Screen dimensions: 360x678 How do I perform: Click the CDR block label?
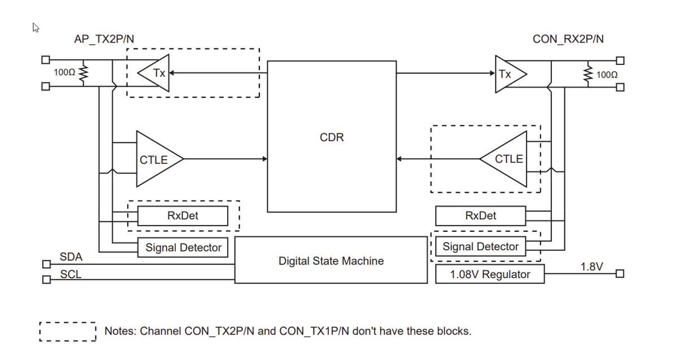click(332, 137)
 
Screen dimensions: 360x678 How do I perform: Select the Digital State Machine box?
click(331, 261)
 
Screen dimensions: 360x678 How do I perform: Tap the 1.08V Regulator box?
click(490, 275)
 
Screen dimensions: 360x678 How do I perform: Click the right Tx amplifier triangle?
click(508, 74)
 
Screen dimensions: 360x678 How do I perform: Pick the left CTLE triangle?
click(157, 159)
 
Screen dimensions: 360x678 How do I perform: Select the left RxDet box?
click(182, 216)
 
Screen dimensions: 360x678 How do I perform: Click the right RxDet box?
click(480, 216)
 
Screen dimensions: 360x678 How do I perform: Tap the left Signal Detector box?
click(183, 247)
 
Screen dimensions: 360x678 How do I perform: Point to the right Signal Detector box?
click(480, 246)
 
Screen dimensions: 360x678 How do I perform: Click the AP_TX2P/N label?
click(104, 39)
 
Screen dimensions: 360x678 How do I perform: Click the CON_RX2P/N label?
click(568, 39)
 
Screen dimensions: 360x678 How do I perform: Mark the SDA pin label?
click(71, 257)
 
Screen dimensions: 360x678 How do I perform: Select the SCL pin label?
click(71, 275)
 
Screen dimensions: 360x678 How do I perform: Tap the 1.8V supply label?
click(592, 266)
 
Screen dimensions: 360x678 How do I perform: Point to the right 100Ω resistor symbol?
click(588, 74)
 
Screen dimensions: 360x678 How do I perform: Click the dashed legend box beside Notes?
click(68, 332)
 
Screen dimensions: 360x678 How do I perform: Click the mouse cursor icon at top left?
click(36, 28)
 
